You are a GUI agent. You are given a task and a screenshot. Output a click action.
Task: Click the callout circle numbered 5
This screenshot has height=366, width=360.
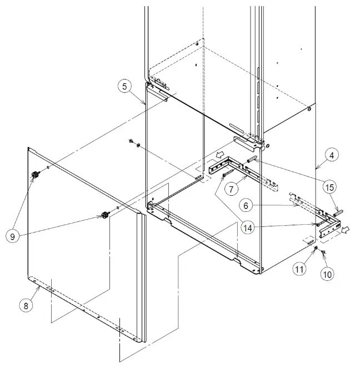[x=125, y=86]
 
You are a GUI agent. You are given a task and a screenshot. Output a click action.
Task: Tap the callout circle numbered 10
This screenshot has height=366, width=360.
[x=327, y=274]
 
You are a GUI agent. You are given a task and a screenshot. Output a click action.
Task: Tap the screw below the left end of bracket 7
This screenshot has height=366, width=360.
[x=224, y=175]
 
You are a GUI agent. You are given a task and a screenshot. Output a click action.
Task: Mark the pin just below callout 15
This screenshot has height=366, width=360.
[x=338, y=211]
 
